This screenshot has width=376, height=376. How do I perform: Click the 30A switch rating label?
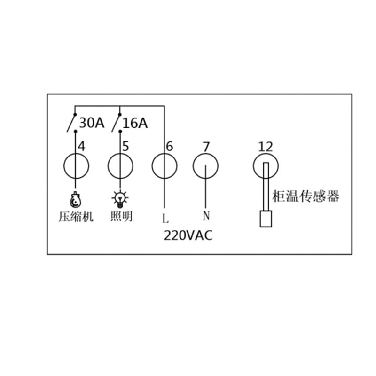coord(92,123)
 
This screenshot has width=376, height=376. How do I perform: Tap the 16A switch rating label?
coord(135,123)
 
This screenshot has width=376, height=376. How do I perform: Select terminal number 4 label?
coord(82,147)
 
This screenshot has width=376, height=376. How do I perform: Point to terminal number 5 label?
coord(125,146)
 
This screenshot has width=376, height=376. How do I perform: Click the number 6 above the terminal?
coord(169,146)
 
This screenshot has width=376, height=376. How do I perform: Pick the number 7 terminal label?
coord(206,147)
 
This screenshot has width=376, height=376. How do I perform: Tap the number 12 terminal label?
coord(266,147)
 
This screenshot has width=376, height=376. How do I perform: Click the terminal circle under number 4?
coord(64,166)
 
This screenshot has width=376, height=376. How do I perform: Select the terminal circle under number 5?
coord(108,166)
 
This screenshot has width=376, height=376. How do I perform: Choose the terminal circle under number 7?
coord(193,166)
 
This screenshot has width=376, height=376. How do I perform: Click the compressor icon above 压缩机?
coord(76,199)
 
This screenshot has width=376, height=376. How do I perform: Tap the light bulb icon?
coord(120,199)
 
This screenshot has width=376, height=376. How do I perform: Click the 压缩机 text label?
coord(76,217)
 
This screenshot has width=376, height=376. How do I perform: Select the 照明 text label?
coord(121,216)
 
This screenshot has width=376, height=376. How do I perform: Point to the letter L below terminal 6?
coord(165,218)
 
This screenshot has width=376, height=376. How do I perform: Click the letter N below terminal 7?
coord(206,215)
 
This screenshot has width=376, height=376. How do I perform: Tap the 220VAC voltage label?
coord(188,235)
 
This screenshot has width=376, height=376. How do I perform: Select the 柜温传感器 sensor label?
coord(306,196)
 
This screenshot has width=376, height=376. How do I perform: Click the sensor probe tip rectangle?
coord(266,219)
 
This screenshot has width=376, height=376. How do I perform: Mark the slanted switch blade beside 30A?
coord(71,123)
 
